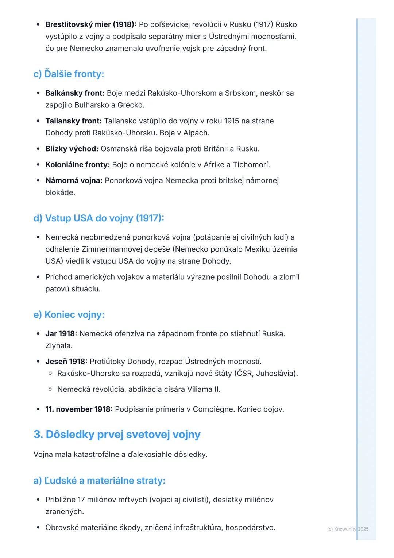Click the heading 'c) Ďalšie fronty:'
click(69, 74)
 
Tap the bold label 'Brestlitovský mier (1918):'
click(91, 24)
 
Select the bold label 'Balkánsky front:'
click(75, 93)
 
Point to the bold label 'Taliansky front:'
click(73, 121)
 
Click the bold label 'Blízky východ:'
click(72, 149)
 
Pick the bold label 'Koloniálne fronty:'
click(77, 165)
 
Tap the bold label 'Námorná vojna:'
click(74, 180)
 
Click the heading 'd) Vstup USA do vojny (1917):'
click(98, 218)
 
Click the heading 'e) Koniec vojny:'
click(69, 314)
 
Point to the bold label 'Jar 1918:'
click(61, 334)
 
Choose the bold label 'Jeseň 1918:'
click(66, 362)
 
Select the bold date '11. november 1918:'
click(79, 409)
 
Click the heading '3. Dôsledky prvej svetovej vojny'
click(117, 434)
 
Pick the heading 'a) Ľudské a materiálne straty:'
click(99, 481)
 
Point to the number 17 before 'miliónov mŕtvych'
click(81, 500)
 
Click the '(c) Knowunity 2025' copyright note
click(348, 529)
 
